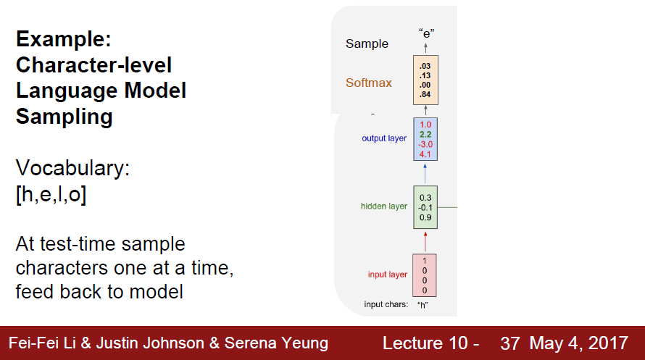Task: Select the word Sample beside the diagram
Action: (367, 44)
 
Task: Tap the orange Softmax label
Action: (368, 83)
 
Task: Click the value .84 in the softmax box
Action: (425, 93)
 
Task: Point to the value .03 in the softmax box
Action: (425, 66)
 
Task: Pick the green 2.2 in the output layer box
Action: (425, 134)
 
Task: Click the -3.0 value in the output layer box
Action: (425, 143)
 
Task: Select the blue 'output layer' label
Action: (384, 138)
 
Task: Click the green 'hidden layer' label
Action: (383, 206)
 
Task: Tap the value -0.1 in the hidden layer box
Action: (425, 206)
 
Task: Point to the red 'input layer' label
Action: (387, 275)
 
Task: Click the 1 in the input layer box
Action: (425, 261)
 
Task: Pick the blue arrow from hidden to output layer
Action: (425, 172)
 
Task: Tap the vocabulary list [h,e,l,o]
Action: (51, 196)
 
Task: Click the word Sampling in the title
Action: (64, 117)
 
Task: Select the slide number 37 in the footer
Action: (509, 343)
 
